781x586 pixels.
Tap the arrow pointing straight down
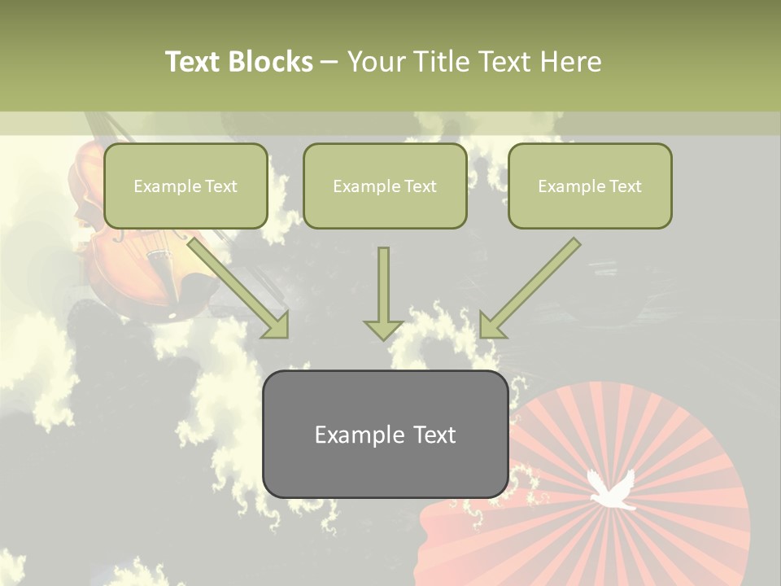point(383,297)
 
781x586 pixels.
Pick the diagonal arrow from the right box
point(529,289)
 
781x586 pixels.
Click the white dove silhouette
point(611,491)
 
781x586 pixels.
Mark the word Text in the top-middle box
point(420,186)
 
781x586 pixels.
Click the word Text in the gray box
point(434,435)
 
